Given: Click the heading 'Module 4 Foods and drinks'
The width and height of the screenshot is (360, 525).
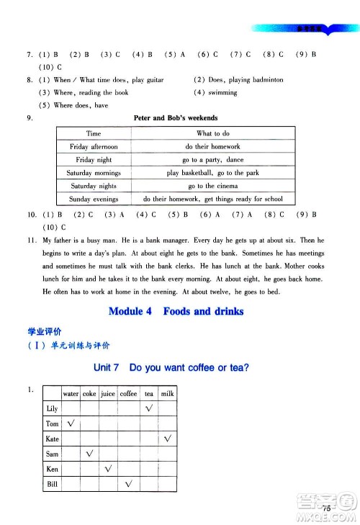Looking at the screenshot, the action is [176, 312].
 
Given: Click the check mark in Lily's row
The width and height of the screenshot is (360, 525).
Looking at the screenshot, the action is [149, 409].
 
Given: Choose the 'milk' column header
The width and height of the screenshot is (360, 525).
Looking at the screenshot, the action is [168, 394].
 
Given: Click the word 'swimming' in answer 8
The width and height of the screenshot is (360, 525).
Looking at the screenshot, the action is [222, 93].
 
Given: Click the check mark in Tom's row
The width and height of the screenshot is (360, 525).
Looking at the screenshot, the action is [71, 424].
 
